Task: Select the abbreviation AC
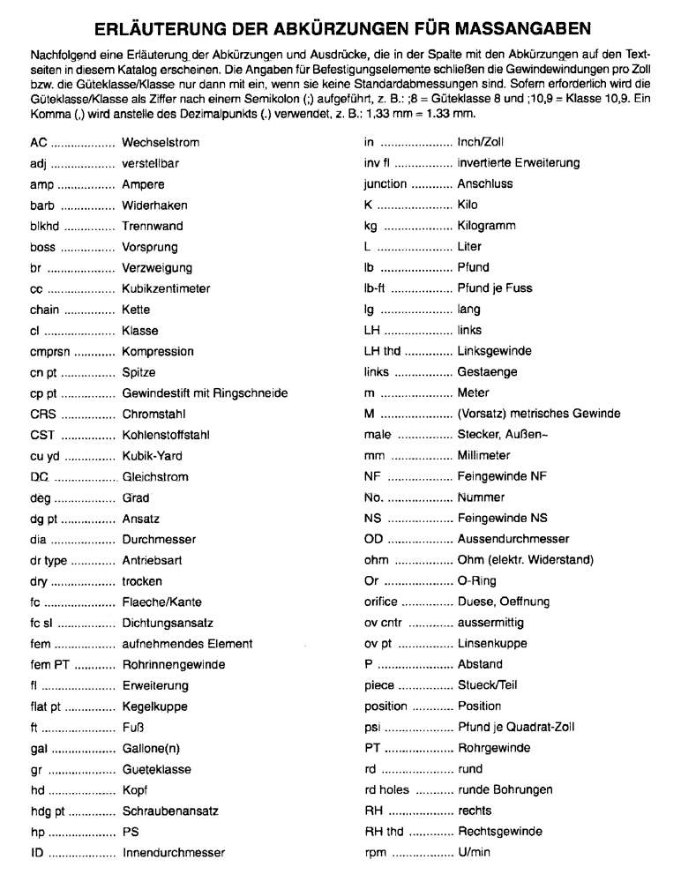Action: (37, 142)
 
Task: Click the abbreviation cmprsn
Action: (48, 351)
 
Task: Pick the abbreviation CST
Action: (41, 434)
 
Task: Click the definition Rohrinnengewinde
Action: (172, 664)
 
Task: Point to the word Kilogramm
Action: (487, 226)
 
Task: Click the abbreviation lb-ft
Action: (377, 288)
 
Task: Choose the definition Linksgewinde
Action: (494, 351)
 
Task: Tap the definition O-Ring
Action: (476, 580)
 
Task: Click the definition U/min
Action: (475, 853)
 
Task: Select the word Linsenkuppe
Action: (491, 644)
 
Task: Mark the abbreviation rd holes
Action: (387, 789)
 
